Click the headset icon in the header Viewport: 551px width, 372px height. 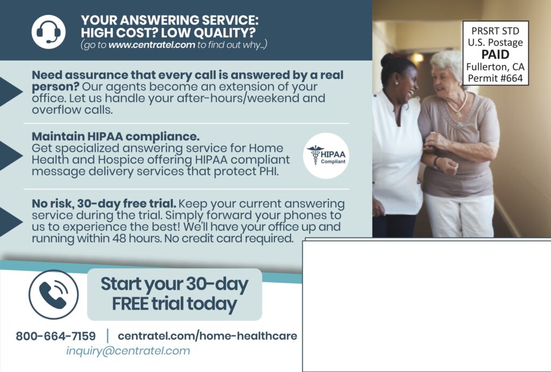tap(48, 32)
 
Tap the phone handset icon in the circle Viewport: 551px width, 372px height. tap(53, 294)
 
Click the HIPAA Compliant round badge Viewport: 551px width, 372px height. tap(326, 155)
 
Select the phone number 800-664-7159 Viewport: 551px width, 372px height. tap(55, 337)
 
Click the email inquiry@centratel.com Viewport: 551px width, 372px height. tap(128, 351)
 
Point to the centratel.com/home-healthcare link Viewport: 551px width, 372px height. tap(207, 336)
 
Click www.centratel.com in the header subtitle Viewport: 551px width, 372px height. tap(151, 45)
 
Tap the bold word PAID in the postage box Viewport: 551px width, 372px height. tap(495, 55)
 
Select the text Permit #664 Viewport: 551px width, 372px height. tap(495, 78)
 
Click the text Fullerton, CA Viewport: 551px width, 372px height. tap(495, 67)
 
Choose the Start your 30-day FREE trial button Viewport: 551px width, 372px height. tap(174, 294)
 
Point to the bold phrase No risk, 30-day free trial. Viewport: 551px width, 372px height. tap(104, 204)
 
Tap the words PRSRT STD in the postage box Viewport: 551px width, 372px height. tap(495, 31)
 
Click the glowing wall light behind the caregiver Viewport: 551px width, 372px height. tap(416, 57)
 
